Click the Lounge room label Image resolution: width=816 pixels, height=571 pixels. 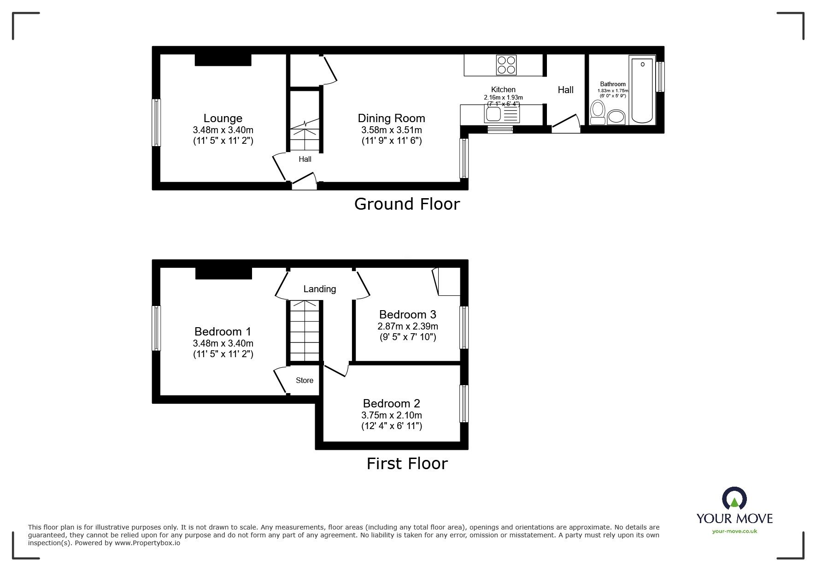(x=223, y=118)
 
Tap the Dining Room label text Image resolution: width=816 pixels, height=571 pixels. (x=391, y=118)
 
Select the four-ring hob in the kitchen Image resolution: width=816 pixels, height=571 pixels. (x=506, y=65)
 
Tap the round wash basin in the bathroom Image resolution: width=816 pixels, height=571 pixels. (x=616, y=117)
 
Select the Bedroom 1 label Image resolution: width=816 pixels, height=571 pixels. (x=223, y=331)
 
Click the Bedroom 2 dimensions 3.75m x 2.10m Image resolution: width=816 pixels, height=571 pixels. (x=391, y=415)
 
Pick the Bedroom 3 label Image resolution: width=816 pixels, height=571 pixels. (x=407, y=314)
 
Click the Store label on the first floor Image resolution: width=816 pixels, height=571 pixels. (x=305, y=380)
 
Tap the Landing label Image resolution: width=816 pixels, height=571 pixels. (x=319, y=289)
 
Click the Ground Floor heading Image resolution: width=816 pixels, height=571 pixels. (x=407, y=204)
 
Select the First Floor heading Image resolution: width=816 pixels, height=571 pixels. (x=407, y=463)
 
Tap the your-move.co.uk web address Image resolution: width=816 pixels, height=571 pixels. (x=734, y=531)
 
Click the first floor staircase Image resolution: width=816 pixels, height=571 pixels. (x=304, y=330)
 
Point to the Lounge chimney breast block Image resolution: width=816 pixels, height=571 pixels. (x=223, y=60)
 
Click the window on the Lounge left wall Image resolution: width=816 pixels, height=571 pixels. (x=157, y=123)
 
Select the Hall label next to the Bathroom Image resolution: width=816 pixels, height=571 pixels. (x=565, y=90)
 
